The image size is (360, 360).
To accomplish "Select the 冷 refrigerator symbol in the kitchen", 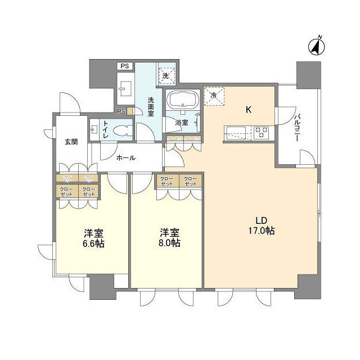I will pyautogui.click(x=213, y=96).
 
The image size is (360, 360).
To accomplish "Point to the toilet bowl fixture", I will pyautogui.click(x=121, y=131).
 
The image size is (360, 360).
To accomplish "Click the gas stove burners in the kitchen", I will pyautogui.click(x=262, y=133).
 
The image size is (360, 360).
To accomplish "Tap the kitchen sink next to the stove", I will pyautogui.click(x=235, y=133).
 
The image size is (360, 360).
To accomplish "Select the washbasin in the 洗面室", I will pyautogui.click(x=125, y=88).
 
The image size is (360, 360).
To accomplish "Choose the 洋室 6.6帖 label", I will pyautogui.click(x=93, y=238).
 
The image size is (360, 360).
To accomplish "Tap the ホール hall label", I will pyautogui.click(x=125, y=158).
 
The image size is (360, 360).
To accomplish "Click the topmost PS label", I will pyautogui.click(x=124, y=66).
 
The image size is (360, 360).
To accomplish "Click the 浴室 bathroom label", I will pyautogui.click(x=181, y=122).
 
